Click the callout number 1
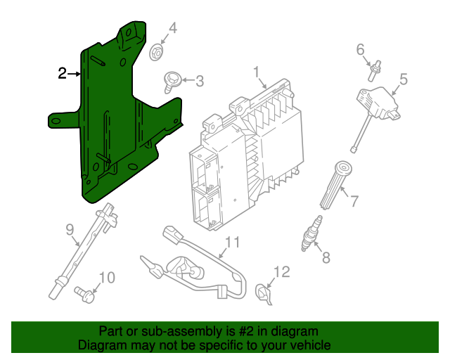point(257,72)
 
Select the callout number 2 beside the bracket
point(62,73)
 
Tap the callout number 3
point(199,82)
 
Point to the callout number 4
point(172,29)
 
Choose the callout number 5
point(404,79)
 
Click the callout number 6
point(361,49)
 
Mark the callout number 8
point(326,257)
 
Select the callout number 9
point(70,229)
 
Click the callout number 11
point(232,243)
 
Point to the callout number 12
point(281,271)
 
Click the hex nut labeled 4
point(157,51)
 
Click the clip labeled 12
point(264,293)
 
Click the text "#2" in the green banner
point(251,331)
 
